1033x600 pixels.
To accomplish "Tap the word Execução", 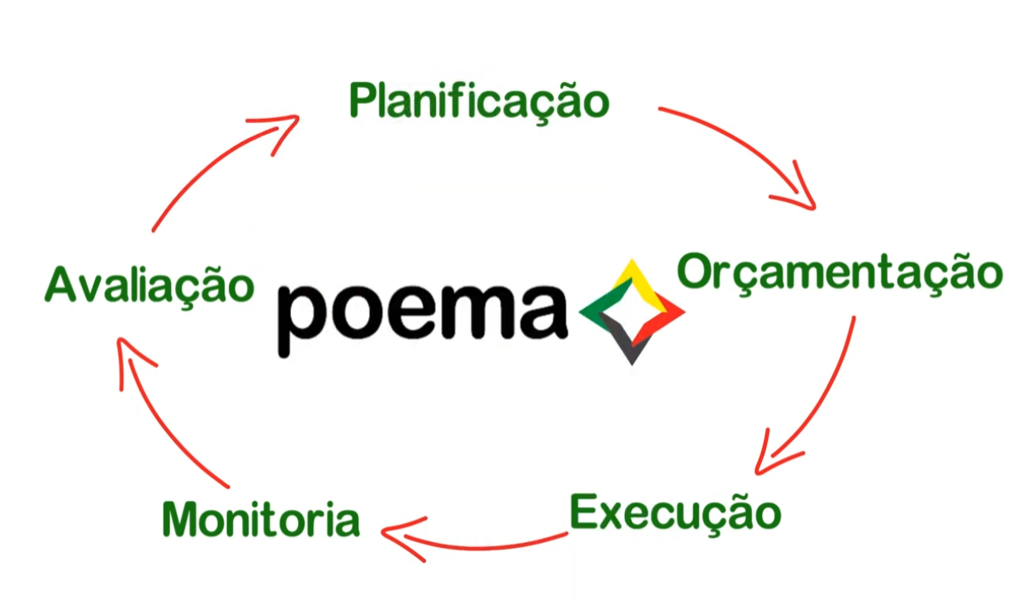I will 675,512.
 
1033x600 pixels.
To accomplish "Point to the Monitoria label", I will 261,520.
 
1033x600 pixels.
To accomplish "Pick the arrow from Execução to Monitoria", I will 479,544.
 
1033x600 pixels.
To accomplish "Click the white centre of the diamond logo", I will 632,314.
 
